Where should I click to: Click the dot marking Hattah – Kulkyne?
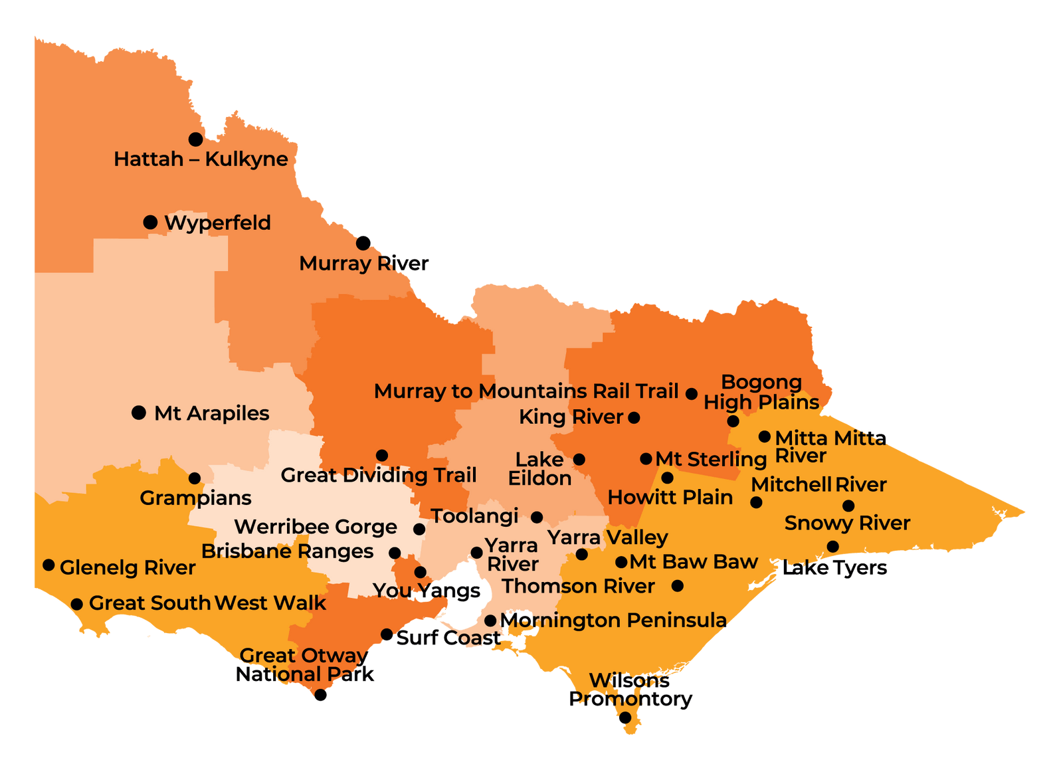pos(195,140)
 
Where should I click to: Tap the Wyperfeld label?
pos(217,223)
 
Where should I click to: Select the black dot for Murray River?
pos(363,242)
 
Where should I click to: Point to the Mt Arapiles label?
pos(211,413)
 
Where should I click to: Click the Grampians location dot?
pos(195,478)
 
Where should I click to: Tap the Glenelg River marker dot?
pos(48,565)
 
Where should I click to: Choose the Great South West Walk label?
pos(207,603)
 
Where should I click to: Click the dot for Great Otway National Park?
pos(320,695)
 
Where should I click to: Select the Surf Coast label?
pos(448,638)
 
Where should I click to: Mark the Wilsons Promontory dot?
pos(625,718)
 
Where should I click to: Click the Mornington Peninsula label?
pos(613,621)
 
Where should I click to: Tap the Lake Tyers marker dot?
pos(832,546)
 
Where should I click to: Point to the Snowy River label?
pos(847,523)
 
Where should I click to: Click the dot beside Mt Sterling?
pos(646,458)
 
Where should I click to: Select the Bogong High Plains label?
pos(761,392)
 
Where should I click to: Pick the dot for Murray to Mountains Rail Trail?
pos(692,394)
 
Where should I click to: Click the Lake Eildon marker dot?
pos(579,459)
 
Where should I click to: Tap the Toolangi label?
pos(474,516)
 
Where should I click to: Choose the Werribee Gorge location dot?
pos(419,529)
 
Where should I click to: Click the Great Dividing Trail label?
pos(378,476)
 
